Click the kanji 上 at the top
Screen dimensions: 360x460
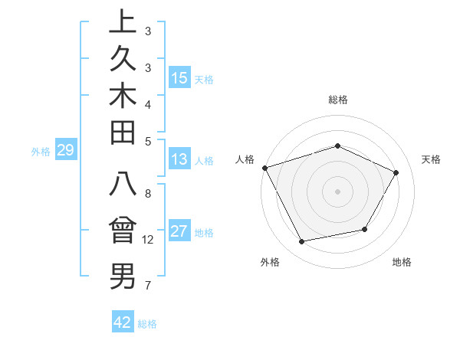(123, 21)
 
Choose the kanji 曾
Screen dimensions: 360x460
(123, 231)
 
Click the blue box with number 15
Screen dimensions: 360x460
(179, 78)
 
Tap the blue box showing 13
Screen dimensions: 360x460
(179, 160)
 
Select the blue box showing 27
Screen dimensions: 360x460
(179, 231)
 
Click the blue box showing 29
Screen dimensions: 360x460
(66, 150)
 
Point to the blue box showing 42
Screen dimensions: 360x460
(123, 322)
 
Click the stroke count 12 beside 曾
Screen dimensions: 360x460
(148, 240)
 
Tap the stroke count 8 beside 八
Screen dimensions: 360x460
(148, 193)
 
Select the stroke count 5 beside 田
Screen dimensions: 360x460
(148, 141)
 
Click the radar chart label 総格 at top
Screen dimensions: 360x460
(337, 100)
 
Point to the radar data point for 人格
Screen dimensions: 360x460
(264, 167)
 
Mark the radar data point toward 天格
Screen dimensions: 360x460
(396, 172)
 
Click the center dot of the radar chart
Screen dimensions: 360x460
(337, 191)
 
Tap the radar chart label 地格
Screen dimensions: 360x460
(402, 262)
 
